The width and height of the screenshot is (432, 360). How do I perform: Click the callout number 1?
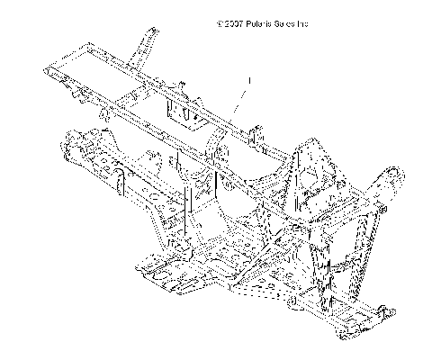(247, 80)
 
